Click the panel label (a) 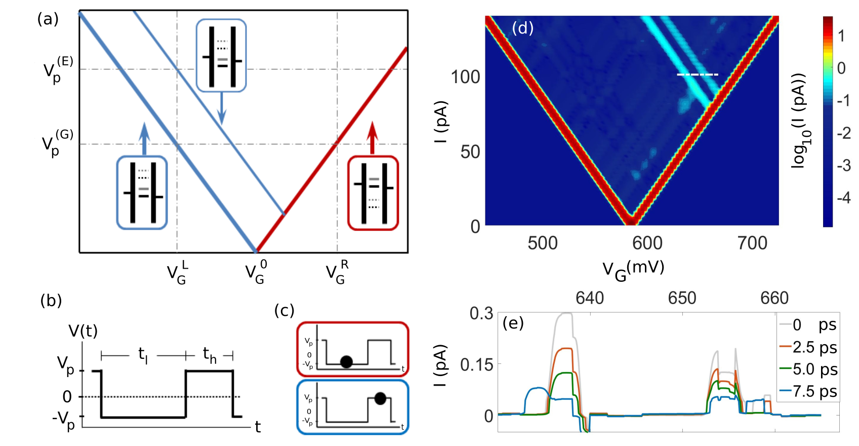point(48,19)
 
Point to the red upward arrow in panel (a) point(373,137)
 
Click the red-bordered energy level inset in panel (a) point(373,193)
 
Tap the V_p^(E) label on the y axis point(58,69)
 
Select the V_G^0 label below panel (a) point(256,272)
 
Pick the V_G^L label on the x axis point(178,272)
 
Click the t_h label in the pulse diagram point(209,354)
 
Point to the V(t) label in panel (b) point(83,331)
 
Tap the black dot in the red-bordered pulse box point(346,361)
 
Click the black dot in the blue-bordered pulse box point(380,399)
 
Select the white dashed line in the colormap point(698,75)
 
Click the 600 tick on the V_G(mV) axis point(647,243)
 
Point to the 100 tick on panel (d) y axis point(465,77)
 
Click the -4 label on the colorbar point(843,197)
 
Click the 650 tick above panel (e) point(682,298)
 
